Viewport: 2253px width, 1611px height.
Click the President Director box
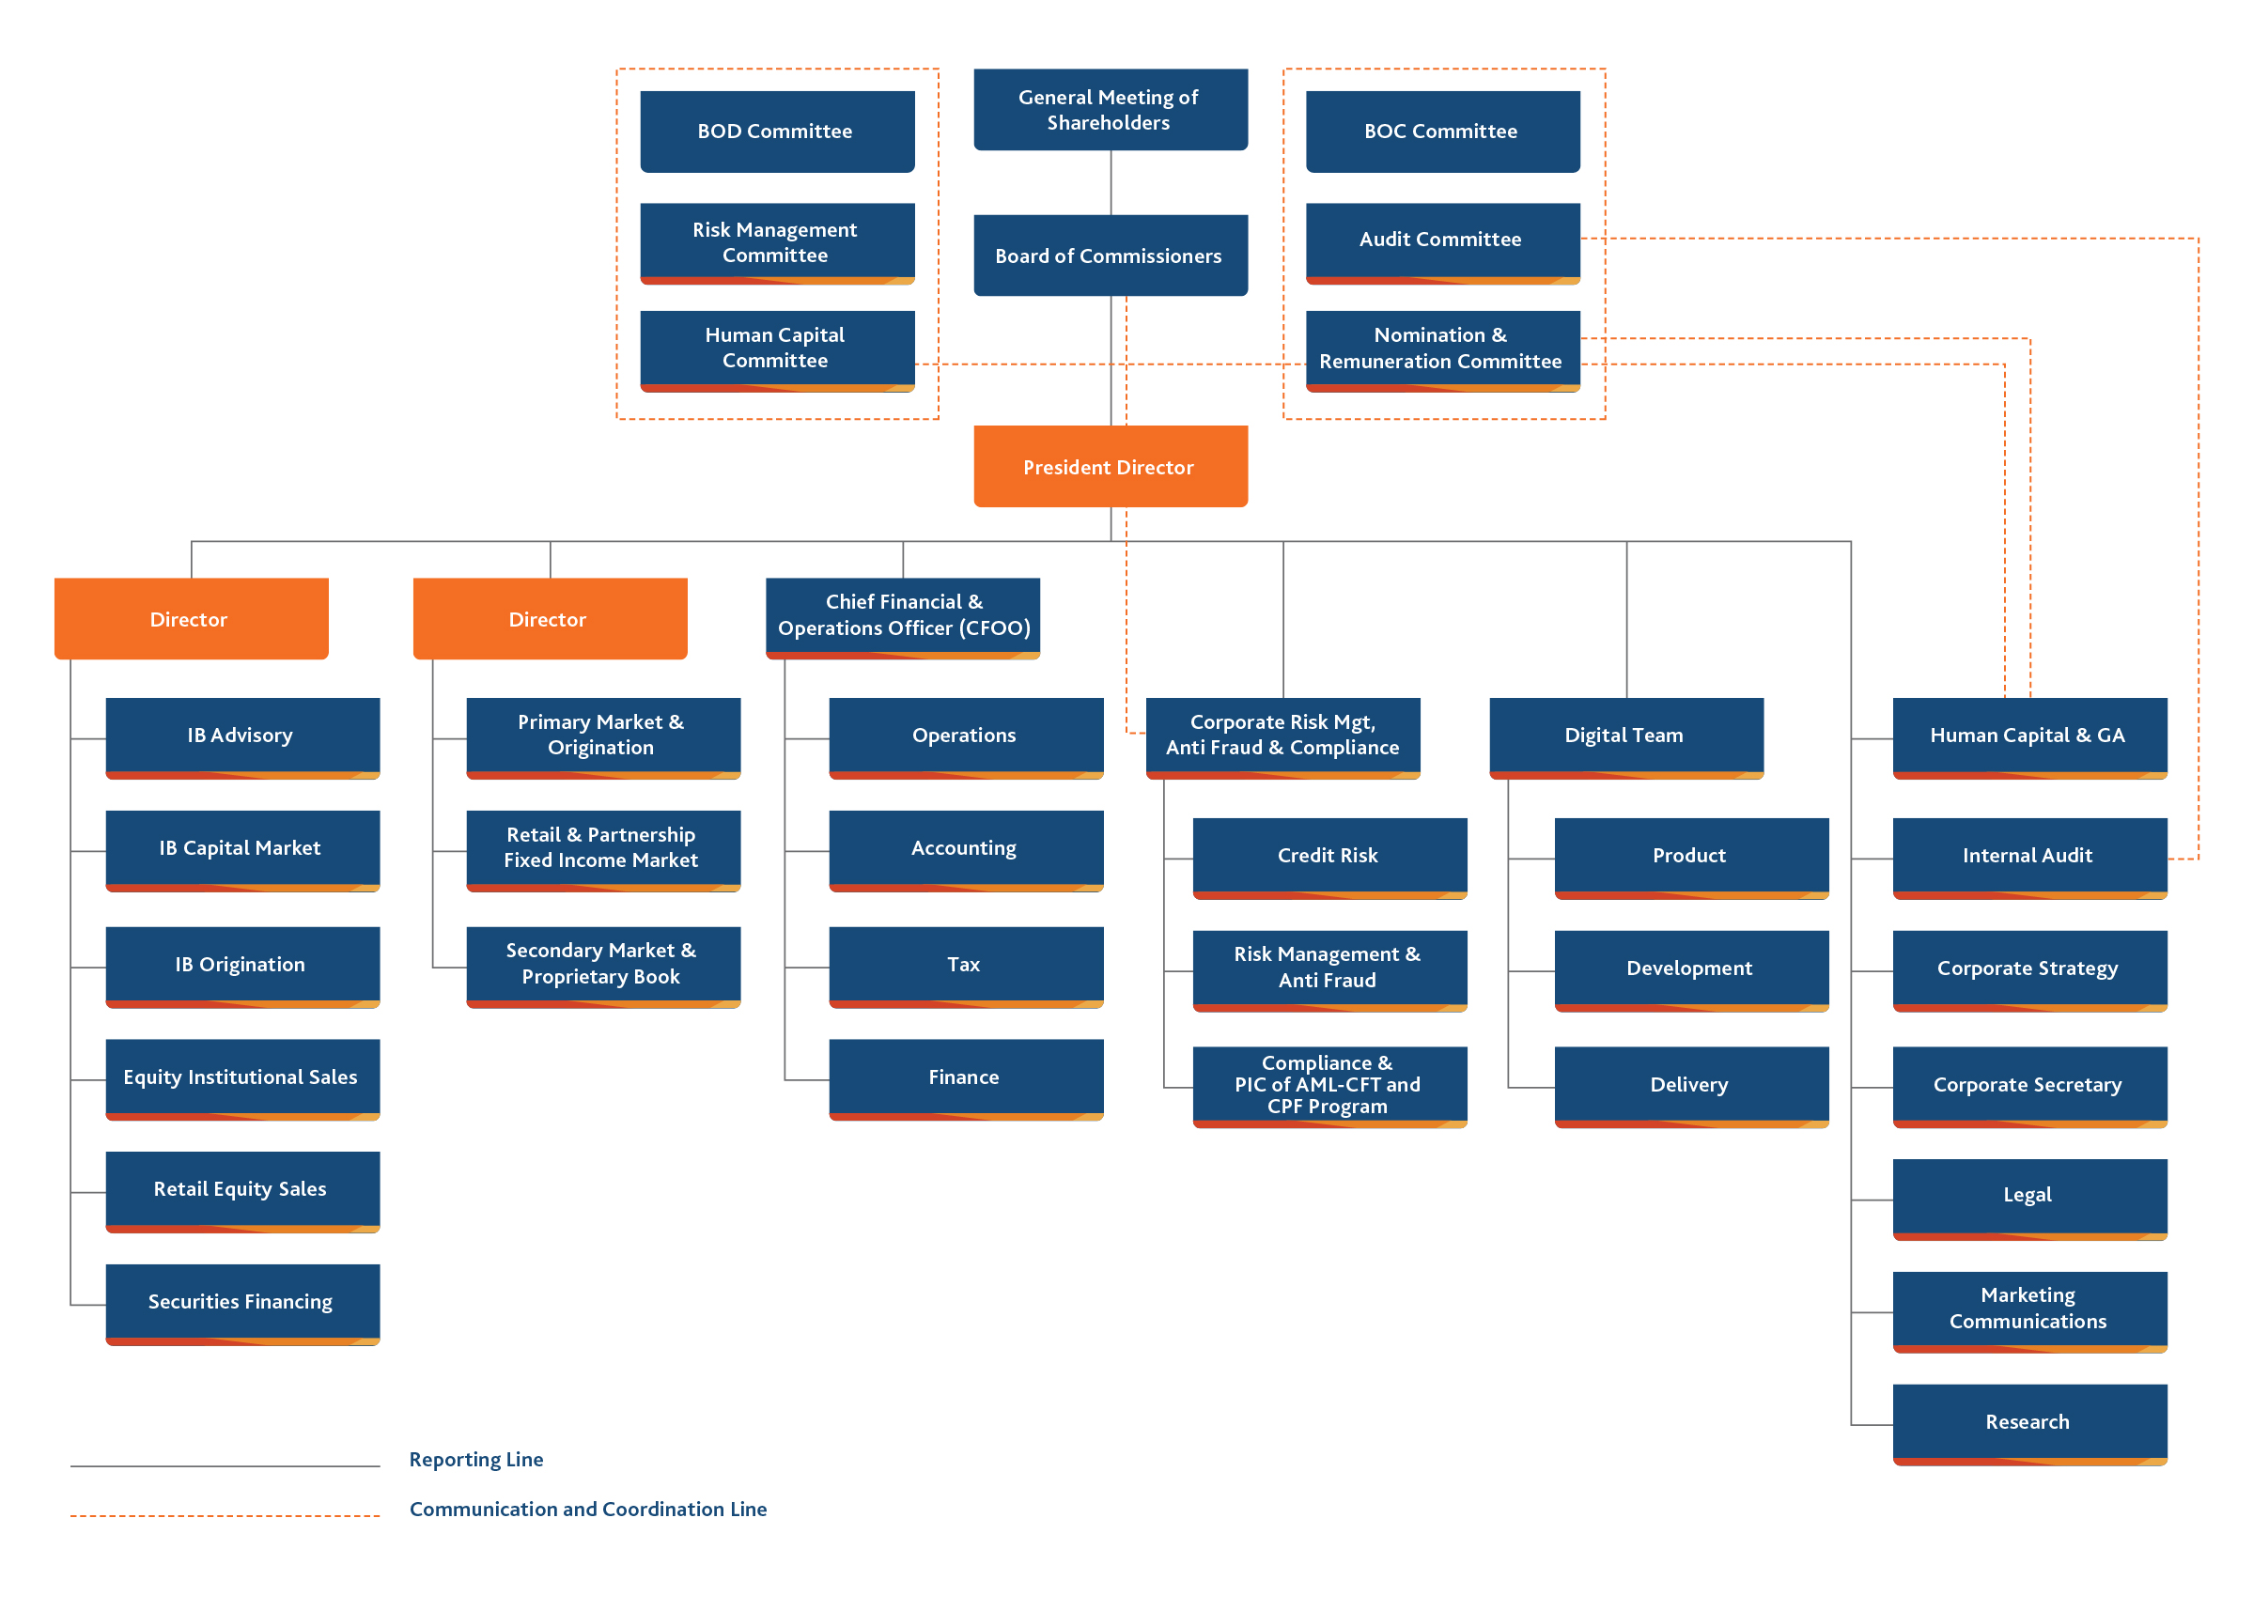coord(1111,466)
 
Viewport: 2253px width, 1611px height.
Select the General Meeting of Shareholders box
coord(1111,109)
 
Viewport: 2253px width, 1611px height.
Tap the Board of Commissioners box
coord(1111,255)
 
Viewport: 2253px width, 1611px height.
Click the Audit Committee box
coord(1442,243)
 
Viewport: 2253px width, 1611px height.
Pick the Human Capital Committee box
coord(777,351)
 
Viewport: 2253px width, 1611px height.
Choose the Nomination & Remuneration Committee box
coord(1442,351)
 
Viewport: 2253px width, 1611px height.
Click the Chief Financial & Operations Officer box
coord(903,618)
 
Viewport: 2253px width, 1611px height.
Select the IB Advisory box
coord(243,738)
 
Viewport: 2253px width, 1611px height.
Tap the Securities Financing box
coord(243,1305)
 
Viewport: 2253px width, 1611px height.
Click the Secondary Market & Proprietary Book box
coord(603,968)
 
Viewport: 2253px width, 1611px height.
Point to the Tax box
coord(966,968)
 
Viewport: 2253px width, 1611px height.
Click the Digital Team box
coord(1626,738)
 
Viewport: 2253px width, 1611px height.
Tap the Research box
coord(2029,1424)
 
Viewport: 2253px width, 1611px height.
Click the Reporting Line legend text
coord(476,1459)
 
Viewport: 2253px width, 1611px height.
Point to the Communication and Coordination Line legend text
coord(588,1509)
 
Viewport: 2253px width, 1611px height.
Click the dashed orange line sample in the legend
coord(225,1516)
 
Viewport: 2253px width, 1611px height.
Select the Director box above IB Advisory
coord(192,618)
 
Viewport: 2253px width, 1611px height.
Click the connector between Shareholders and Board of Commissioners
coord(1111,182)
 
